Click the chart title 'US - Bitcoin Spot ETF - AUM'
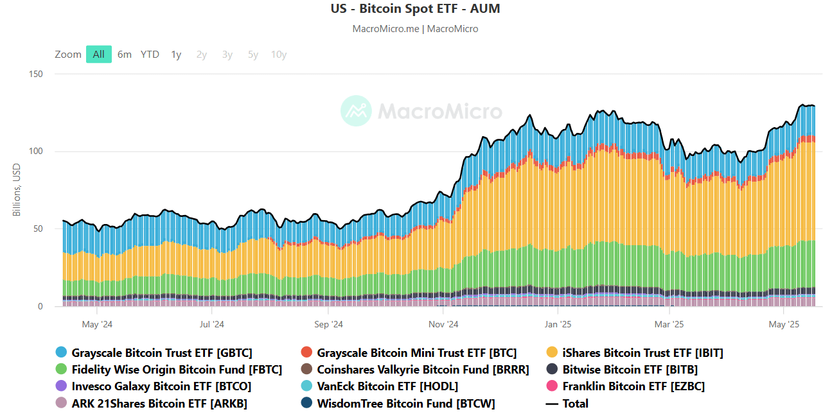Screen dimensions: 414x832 point(415,9)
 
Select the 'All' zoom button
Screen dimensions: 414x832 point(99,55)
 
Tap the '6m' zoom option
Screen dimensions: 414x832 point(125,55)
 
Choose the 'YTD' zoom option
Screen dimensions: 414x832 point(150,55)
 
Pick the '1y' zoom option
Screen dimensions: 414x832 point(176,55)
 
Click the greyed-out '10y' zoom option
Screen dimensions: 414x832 point(279,55)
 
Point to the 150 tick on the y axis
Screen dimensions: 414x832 point(36,74)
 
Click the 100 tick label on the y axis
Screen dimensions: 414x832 point(36,151)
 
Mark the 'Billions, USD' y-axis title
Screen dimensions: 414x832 point(17,189)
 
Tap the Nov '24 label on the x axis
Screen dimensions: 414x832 point(444,325)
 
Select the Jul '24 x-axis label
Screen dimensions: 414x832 point(211,325)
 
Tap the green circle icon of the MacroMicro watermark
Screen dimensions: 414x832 point(356,110)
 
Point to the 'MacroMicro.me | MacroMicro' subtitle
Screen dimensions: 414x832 point(415,29)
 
